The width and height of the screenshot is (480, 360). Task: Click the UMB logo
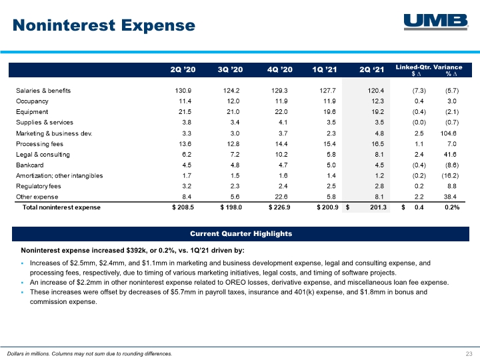pyautogui.click(x=436, y=22)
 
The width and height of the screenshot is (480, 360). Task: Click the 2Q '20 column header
pyautogui.click(x=183, y=70)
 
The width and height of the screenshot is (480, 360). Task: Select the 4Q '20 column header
pyautogui.click(x=280, y=70)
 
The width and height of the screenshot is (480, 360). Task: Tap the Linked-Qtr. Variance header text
pyautogui.click(x=429, y=67)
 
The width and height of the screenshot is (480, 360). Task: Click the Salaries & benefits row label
pyautogui.click(x=43, y=91)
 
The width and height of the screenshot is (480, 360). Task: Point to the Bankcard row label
pyautogui.click(x=30, y=165)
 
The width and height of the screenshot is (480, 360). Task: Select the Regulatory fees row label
pyautogui.click(x=38, y=186)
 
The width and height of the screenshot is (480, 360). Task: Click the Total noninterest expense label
pyautogui.click(x=61, y=207)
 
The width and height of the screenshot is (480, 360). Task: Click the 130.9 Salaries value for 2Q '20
pyautogui.click(x=183, y=91)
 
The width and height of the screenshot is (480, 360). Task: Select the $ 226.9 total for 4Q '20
pyautogui.click(x=279, y=207)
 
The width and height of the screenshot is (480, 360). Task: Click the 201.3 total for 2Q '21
pyautogui.click(x=378, y=207)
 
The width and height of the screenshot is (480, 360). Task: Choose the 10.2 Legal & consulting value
pyautogui.click(x=281, y=155)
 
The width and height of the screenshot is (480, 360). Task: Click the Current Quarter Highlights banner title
pyautogui.click(x=241, y=234)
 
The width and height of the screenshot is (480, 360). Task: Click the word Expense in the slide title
pyautogui.click(x=158, y=25)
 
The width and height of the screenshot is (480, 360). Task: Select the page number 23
pyautogui.click(x=469, y=354)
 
